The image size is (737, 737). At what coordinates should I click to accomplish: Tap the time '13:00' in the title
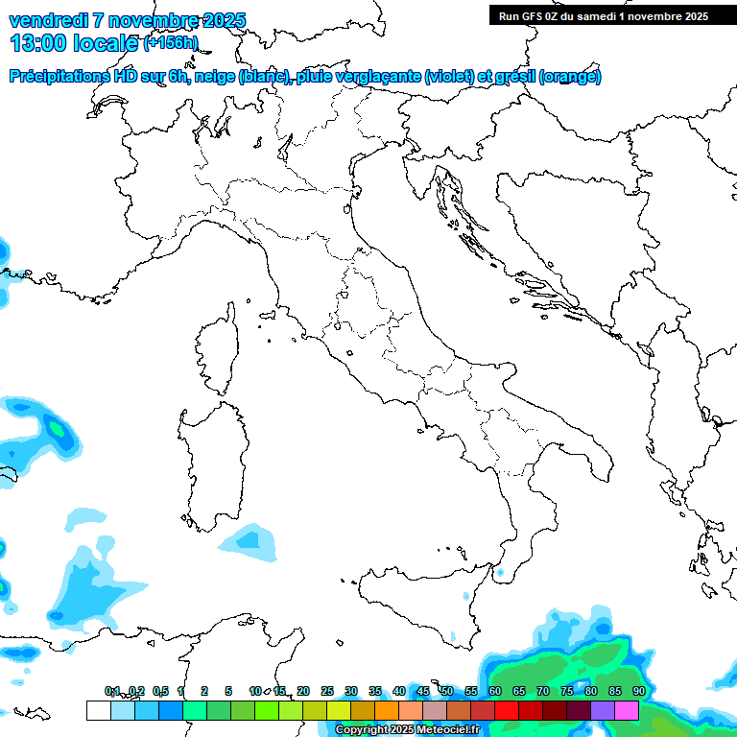[38, 42]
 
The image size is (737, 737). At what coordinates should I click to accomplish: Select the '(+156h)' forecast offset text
[170, 43]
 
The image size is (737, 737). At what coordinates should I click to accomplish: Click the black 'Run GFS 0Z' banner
[604, 15]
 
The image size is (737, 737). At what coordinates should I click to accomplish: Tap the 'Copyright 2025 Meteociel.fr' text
[407, 730]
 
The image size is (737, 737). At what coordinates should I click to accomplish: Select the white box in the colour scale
[98, 711]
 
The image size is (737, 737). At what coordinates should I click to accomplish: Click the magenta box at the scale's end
[627, 711]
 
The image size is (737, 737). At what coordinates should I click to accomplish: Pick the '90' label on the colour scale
[638, 691]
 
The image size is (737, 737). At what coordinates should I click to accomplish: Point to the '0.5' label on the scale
[160, 691]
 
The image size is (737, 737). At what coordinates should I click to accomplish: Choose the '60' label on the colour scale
[494, 691]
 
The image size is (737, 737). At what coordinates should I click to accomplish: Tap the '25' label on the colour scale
[326, 691]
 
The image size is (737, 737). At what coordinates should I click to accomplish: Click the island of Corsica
[217, 350]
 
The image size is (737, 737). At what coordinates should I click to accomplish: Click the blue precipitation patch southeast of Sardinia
[248, 540]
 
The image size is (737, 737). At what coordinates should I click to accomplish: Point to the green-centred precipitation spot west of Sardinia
[58, 429]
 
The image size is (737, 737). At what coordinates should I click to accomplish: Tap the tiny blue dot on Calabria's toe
[499, 574]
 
